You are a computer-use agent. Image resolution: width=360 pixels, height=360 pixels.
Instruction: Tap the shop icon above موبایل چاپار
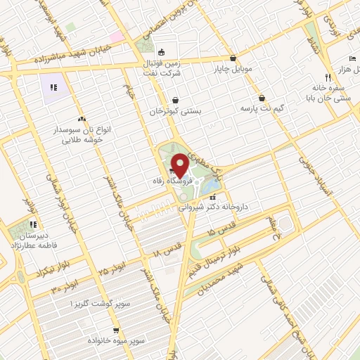pyautogui.click(x=233, y=58)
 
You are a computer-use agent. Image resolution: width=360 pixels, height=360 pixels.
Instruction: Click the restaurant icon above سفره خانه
pyautogui.click(x=328, y=77)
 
